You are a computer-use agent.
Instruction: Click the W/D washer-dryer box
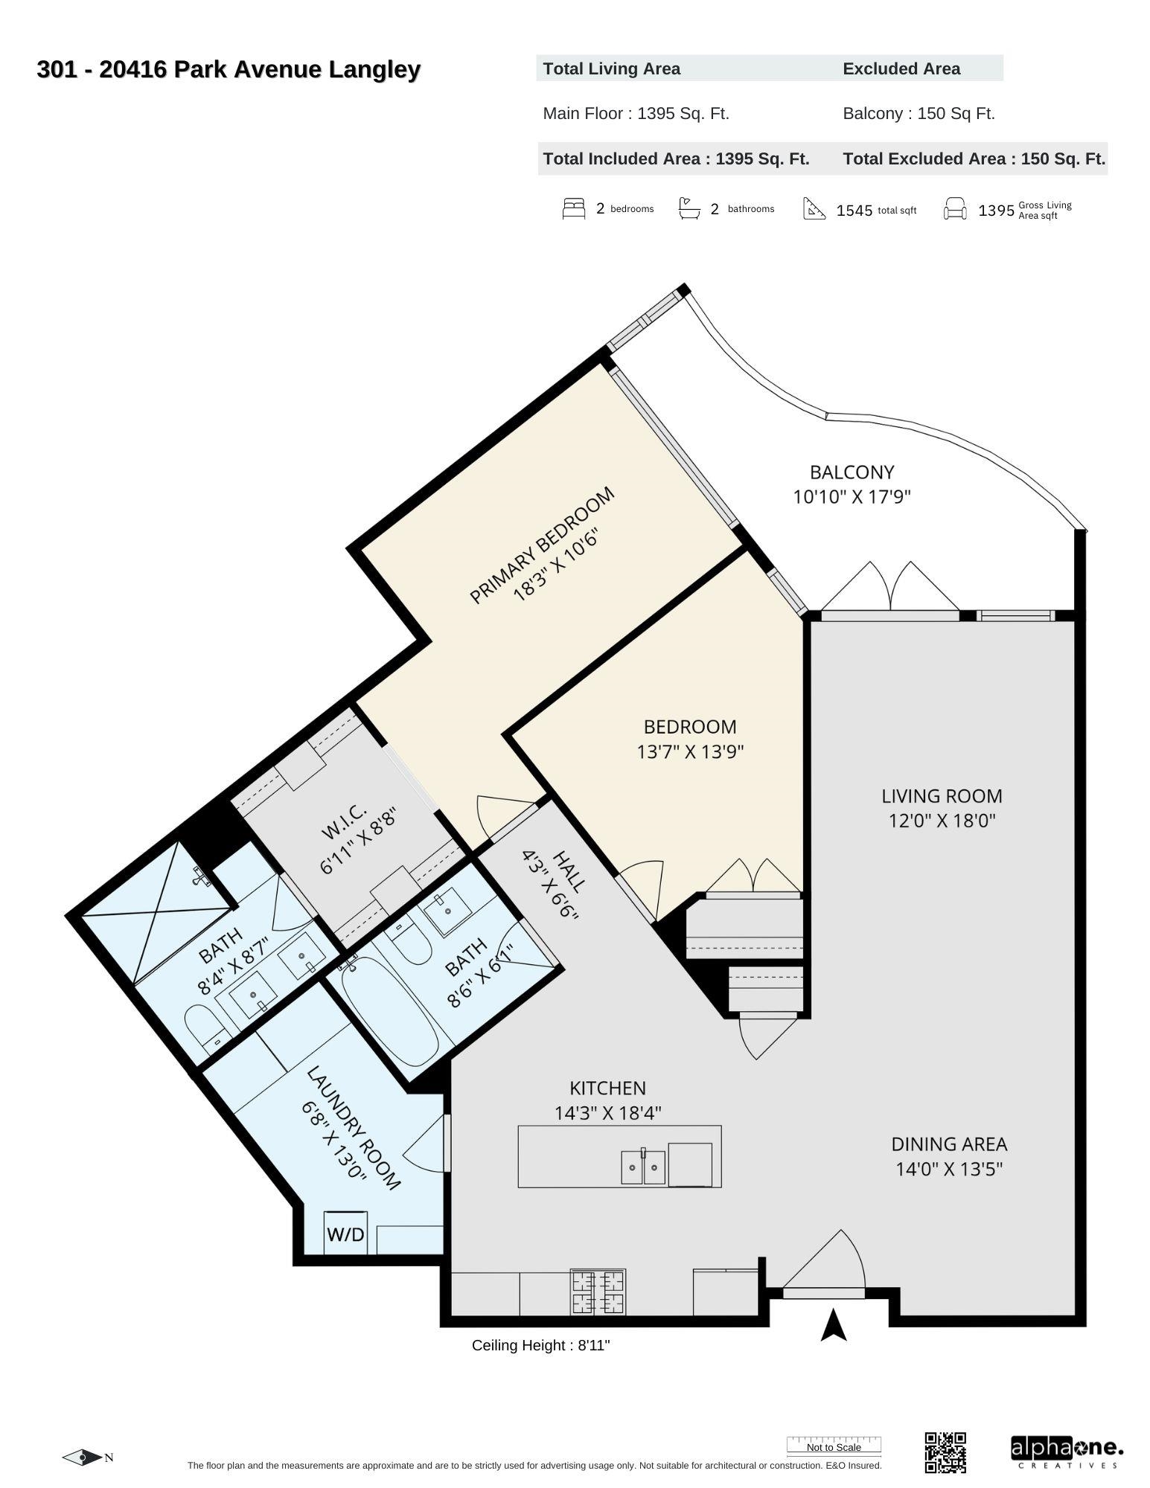(345, 1234)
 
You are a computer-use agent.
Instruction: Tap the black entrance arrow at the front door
(834, 1326)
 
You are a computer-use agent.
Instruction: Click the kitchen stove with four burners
(598, 1292)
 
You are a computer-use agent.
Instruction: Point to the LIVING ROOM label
(942, 796)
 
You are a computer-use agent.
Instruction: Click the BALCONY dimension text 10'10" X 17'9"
(852, 496)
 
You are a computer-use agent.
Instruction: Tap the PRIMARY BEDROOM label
(542, 545)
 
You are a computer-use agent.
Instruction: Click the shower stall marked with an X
(158, 911)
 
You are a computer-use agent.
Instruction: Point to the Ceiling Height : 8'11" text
(540, 1345)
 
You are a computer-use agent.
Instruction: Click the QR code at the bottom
(945, 1452)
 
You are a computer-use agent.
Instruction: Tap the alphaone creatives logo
(1066, 1452)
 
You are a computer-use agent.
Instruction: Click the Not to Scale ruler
(834, 1445)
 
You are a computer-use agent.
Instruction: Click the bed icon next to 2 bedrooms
(574, 208)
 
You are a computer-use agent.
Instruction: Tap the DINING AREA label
(949, 1144)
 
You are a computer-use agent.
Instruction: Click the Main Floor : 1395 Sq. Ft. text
(636, 114)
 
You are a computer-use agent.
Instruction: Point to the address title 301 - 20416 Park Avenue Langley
(229, 70)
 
